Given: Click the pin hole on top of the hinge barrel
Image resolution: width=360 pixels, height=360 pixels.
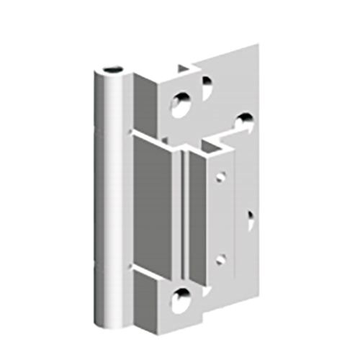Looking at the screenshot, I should [x=112, y=71].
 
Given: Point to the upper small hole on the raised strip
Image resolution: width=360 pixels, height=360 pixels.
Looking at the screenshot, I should [x=221, y=176].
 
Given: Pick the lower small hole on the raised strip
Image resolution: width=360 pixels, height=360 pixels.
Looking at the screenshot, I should [x=221, y=258].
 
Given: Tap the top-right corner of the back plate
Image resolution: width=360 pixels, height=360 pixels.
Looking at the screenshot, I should [x=258, y=45].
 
